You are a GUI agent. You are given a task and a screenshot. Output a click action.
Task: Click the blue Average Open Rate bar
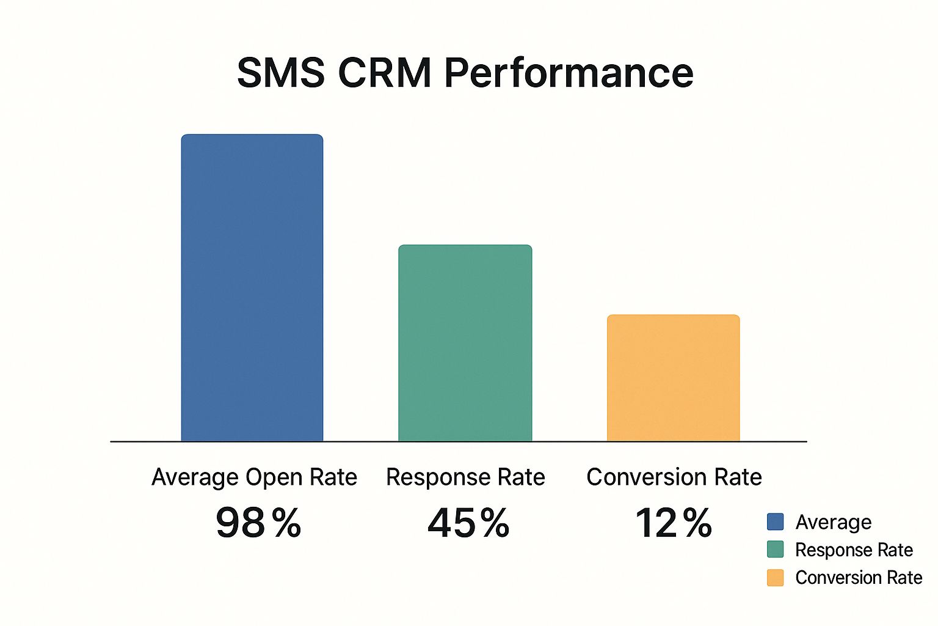tap(252, 287)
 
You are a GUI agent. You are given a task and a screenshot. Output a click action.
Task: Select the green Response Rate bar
tap(465, 343)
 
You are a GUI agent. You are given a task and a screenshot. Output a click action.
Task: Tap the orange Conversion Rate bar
tap(673, 378)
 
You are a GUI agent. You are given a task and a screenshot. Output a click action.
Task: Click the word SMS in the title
tap(280, 73)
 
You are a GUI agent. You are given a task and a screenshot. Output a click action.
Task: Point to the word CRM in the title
tap(385, 73)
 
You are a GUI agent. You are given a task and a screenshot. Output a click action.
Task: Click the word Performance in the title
tap(569, 74)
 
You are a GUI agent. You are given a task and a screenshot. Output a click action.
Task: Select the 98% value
tap(258, 523)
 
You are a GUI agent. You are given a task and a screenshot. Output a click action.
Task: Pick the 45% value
tap(468, 523)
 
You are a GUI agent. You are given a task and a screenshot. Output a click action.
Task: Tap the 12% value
tap(673, 523)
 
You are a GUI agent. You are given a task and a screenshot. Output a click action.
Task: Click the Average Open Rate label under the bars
tap(254, 477)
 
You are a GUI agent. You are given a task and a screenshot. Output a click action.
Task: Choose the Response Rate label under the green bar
tap(465, 477)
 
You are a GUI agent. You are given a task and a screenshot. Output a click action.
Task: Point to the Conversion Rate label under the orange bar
tap(674, 477)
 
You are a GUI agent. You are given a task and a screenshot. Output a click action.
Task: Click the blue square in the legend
tap(775, 521)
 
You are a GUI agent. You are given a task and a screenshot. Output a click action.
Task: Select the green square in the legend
tap(775, 549)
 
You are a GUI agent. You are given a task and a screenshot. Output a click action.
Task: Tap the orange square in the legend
tap(775, 578)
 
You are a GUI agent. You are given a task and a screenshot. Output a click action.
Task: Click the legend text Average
tap(833, 522)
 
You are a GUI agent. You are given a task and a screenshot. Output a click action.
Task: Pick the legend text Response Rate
tap(854, 550)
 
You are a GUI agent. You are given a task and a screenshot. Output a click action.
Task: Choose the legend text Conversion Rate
tap(859, 578)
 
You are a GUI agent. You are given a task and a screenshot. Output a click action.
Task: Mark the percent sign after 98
tap(286, 523)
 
